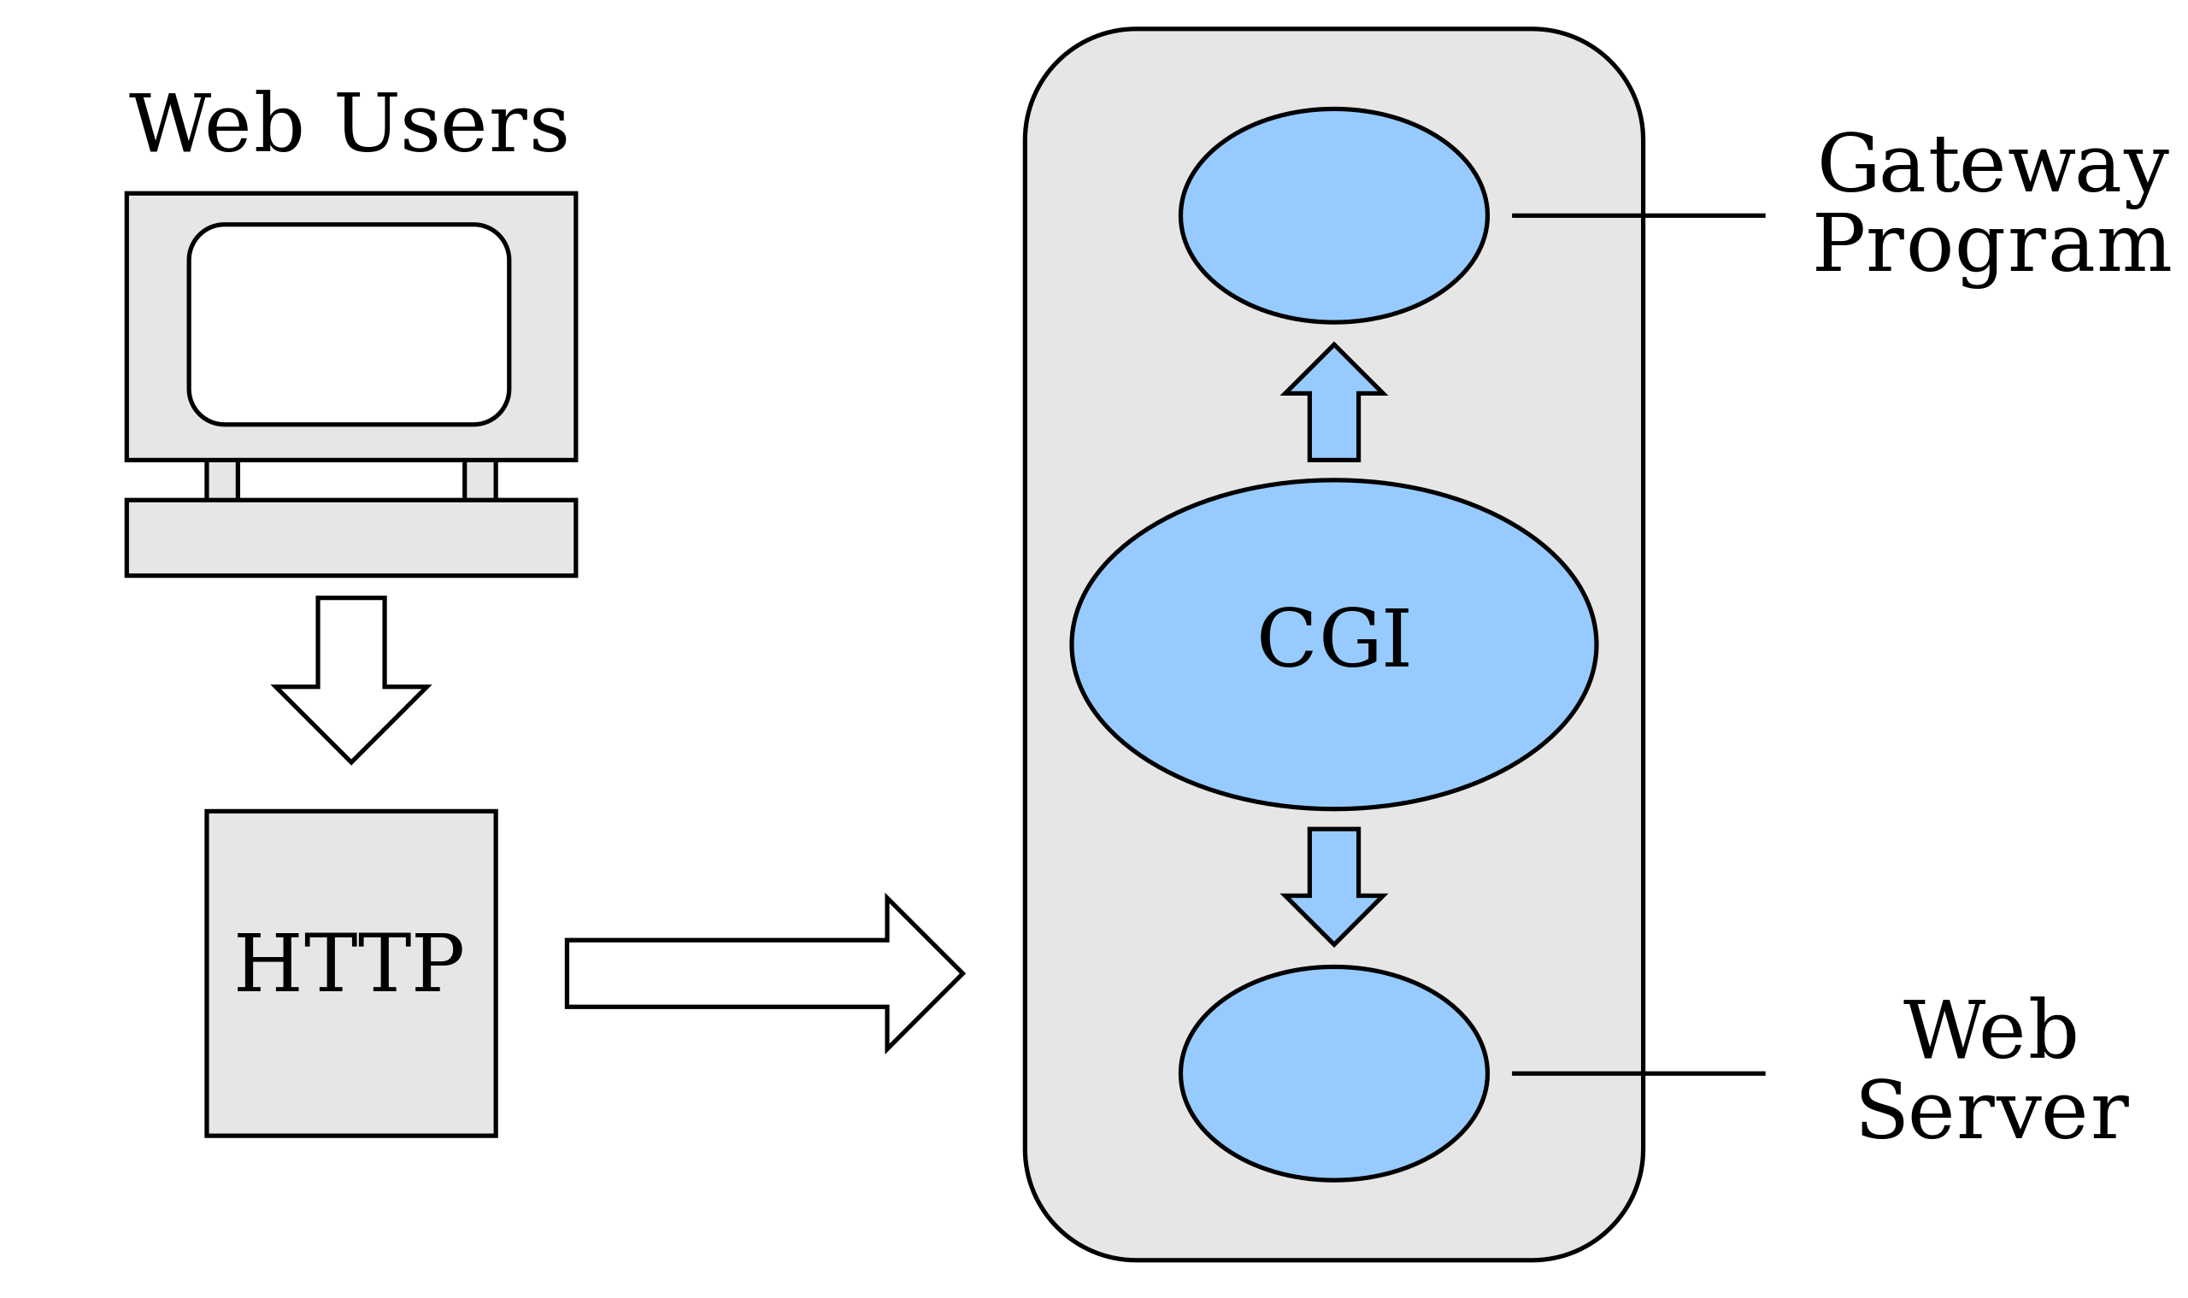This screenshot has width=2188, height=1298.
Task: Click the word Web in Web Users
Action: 216,124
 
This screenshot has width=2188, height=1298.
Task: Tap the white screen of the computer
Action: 348,325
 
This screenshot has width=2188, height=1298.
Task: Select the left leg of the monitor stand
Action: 222,480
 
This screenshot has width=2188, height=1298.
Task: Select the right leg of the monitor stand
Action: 479,480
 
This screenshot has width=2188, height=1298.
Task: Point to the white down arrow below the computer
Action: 350,683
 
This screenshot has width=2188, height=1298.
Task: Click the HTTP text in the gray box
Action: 349,963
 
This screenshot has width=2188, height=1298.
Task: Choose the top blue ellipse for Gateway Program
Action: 1333,215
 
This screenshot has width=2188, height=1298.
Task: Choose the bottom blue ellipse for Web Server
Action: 1333,1073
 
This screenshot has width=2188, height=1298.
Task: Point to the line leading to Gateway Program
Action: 1638,215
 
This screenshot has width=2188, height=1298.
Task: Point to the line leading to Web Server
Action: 1638,1073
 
